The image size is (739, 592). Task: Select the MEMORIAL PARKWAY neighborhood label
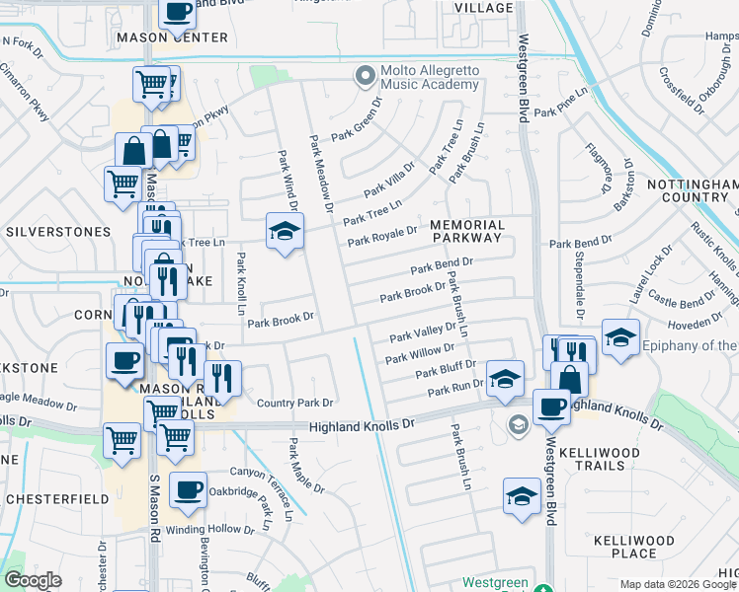pyautogui.click(x=467, y=232)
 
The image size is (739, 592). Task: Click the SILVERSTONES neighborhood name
pyautogui.click(x=58, y=232)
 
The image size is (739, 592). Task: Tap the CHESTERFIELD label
pyautogui.click(x=58, y=499)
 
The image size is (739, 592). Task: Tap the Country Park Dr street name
pyautogui.click(x=294, y=403)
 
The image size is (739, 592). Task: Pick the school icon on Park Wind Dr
pyautogui.click(x=285, y=232)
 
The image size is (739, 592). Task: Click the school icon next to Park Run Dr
pyautogui.click(x=504, y=378)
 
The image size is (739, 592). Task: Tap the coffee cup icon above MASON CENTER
pyautogui.click(x=176, y=12)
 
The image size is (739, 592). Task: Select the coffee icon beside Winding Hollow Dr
pyautogui.click(x=188, y=489)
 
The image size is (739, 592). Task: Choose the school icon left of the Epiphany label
pyautogui.click(x=619, y=337)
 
